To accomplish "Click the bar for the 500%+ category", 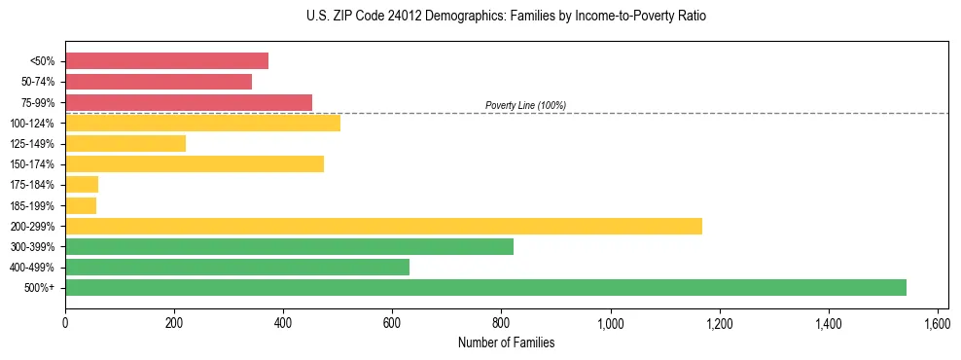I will click(x=485, y=287).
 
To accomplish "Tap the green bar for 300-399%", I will click(x=289, y=246).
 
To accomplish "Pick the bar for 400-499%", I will click(x=237, y=267).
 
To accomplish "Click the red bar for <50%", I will click(x=166, y=61).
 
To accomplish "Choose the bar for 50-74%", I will click(x=159, y=82).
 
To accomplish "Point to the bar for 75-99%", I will click(x=189, y=102).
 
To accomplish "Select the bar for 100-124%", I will click(x=202, y=123).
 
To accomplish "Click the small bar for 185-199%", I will click(x=81, y=205).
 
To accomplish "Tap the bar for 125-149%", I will click(x=125, y=143).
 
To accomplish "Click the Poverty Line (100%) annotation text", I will click(x=525, y=105).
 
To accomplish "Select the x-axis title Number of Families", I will click(x=507, y=342).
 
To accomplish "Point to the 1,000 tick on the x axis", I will click(x=610, y=323).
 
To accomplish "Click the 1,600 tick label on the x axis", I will click(x=937, y=323).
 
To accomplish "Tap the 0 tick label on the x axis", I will click(x=65, y=323).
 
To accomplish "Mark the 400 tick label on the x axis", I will click(x=283, y=323).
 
